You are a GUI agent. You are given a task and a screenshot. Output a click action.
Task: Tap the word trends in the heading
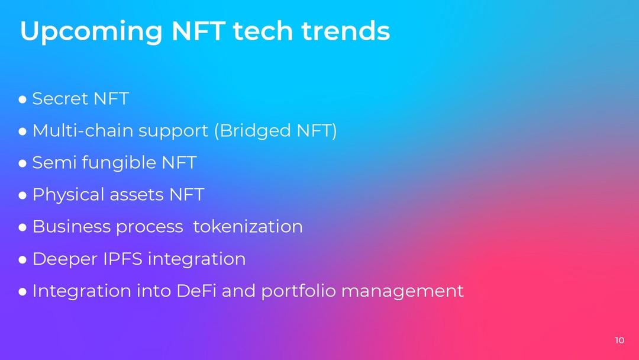click(x=346, y=31)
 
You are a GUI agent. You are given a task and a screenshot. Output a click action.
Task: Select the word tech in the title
click(x=263, y=31)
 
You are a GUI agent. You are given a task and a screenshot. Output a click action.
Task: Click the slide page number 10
click(x=619, y=340)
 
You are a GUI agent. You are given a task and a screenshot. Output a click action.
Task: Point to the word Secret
click(x=60, y=99)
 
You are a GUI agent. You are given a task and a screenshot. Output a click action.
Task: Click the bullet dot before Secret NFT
click(x=22, y=99)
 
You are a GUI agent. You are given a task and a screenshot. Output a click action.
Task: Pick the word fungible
click(x=119, y=163)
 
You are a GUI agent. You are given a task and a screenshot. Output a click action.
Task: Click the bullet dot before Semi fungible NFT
click(x=22, y=163)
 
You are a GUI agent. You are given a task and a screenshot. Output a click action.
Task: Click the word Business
click(x=73, y=227)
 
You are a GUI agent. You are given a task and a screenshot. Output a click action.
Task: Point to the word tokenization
click(x=248, y=227)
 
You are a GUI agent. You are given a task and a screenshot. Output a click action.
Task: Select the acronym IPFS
click(x=122, y=259)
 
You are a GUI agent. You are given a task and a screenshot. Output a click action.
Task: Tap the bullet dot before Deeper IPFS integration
click(x=22, y=260)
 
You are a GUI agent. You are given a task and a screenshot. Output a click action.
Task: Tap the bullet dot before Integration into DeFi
click(x=22, y=291)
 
